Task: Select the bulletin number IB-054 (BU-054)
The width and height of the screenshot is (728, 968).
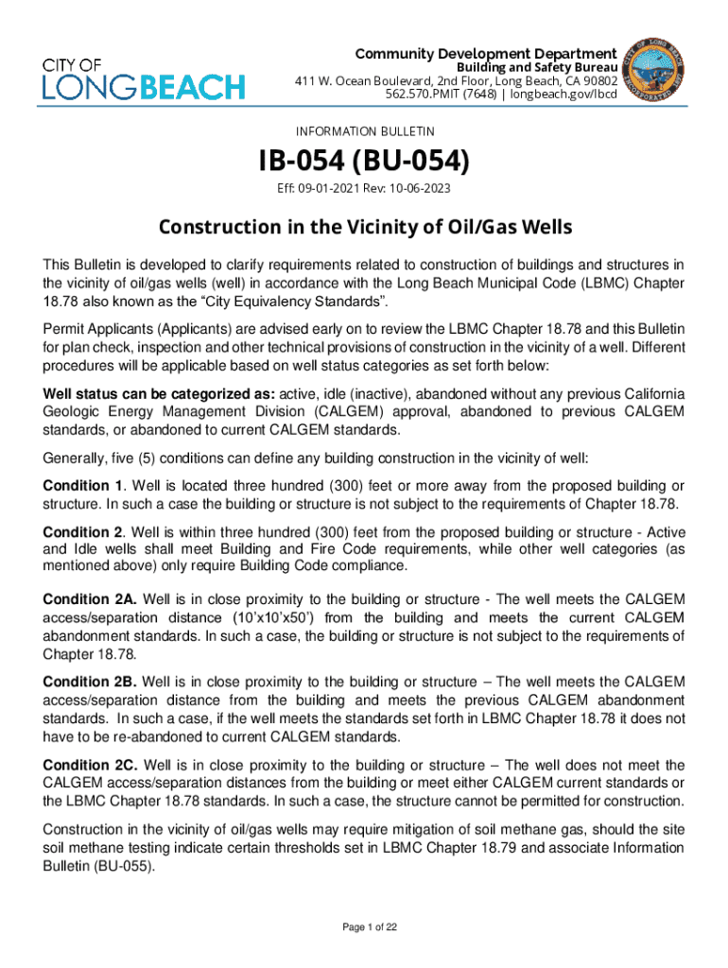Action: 363,163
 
